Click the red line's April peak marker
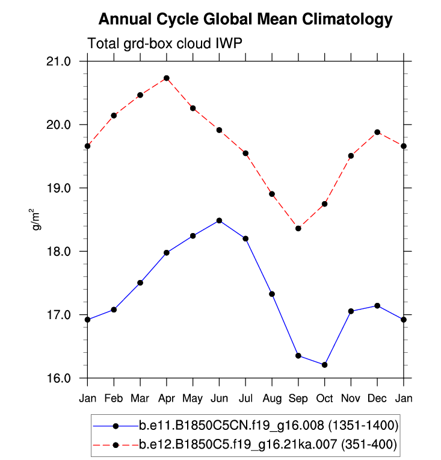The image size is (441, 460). click(167, 78)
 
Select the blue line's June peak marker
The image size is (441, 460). click(219, 220)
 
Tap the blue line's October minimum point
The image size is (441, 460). click(325, 365)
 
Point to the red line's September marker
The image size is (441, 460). click(298, 228)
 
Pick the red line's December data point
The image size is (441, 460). click(377, 132)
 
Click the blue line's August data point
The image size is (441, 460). click(272, 294)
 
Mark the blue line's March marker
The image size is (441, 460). click(140, 282)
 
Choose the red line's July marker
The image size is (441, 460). click(245, 153)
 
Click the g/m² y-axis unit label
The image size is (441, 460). click(37, 220)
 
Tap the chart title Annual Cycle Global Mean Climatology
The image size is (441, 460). click(245, 20)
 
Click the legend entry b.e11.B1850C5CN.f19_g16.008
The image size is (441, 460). click(268, 426)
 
